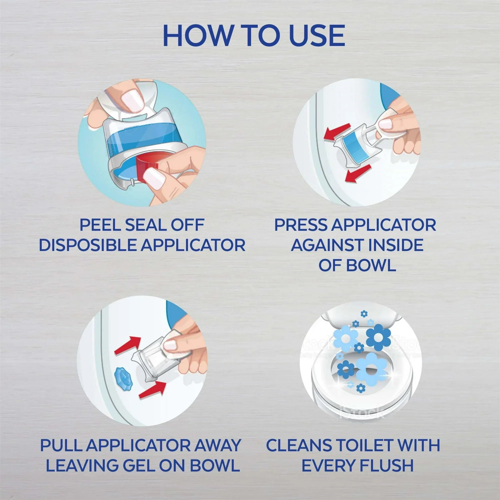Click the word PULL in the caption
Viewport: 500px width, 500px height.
click(x=61, y=445)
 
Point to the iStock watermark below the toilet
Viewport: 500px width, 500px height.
click(x=361, y=412)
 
